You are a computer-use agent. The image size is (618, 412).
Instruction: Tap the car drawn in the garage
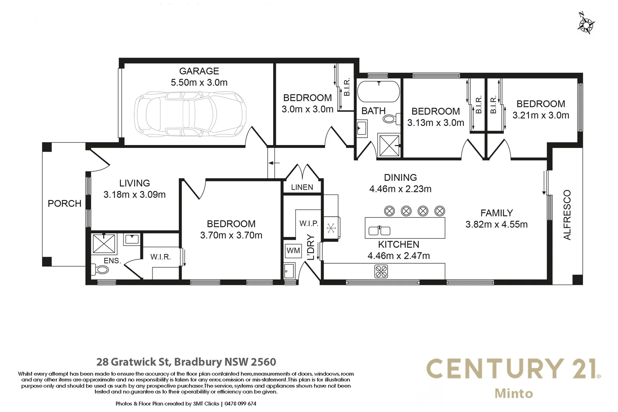pyautogui.click(x=190, y=114)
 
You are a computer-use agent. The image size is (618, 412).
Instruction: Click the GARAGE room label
pyautogui.click(x=199, y=71)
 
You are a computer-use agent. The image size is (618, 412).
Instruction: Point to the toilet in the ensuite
pyautogui.click(x=101, y=270)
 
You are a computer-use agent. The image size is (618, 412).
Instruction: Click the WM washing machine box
pyautogui.click(x=293, y=251)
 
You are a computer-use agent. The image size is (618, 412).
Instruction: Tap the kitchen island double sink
pyautogui.click(x=379, y=230)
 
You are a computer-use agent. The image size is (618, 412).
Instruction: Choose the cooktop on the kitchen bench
pyautogui.click(x=381, y=271)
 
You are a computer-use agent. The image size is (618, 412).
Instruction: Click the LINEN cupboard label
pyautogui.click(x=302, y=187)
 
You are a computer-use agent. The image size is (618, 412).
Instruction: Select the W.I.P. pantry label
pyautogui.click(x=309, y=224)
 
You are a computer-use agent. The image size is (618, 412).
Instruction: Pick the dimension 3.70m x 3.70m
pyautogui.click(x=231, y=235)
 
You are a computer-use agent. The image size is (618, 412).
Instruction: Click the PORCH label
pyautogui.click(x=64, y=204)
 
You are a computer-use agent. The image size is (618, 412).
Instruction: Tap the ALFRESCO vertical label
pyautogui.click(x=567, y=215)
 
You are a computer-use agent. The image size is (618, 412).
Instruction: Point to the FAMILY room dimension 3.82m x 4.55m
pyautogui.click(x=496, y=224)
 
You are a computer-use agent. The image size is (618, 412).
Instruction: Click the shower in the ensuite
pyautogui.click(x=104, y=244)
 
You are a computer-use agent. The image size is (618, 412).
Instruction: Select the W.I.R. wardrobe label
pyautogui.click(x=160, y=257)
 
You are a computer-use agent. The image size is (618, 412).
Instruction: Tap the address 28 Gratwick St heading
pyautogui.click(x=186, y=362)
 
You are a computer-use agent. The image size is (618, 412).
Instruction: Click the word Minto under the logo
pyautogui.click(x=513, y=394)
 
